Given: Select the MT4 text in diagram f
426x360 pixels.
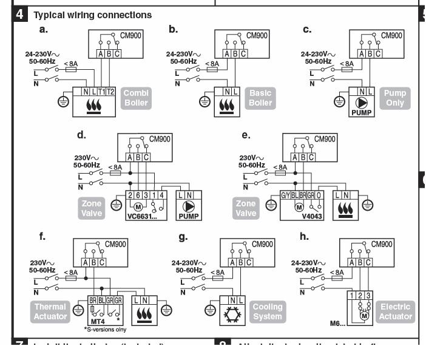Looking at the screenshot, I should click(x=88, y=318).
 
